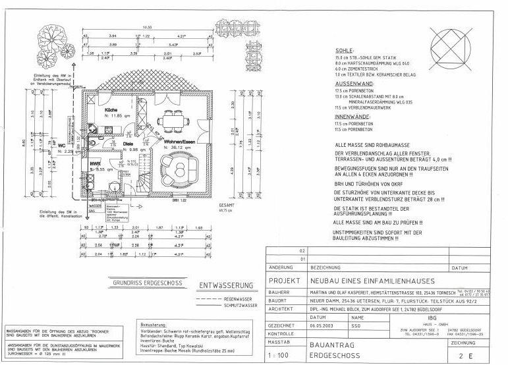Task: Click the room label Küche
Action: pos(111,109)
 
